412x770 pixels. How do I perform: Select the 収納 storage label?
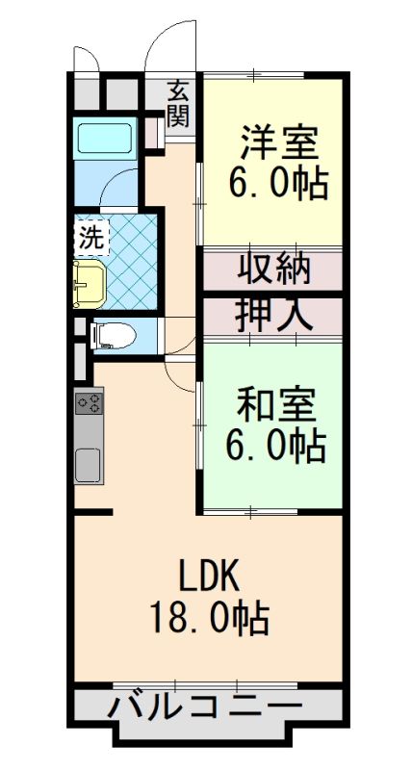[274, 269]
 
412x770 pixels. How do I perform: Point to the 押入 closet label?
[273, 315]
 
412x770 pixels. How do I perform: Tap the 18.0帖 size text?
[208, 618]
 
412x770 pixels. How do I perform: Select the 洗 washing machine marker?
[90, 237]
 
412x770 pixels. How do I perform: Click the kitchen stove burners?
[90, 401]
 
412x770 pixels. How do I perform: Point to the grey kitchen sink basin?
[90, 466]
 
